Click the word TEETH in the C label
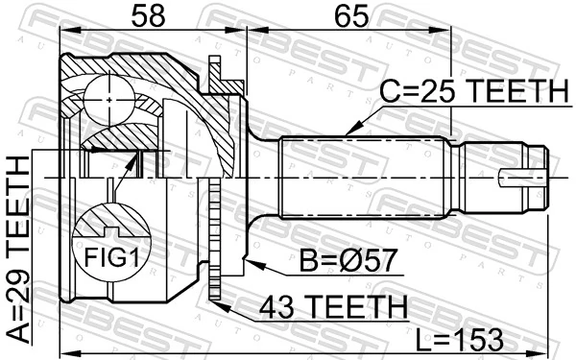[518, 93]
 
